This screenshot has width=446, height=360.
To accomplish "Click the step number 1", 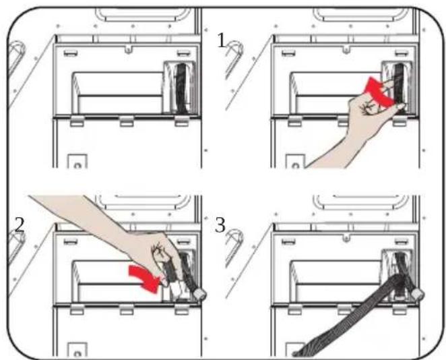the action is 221,40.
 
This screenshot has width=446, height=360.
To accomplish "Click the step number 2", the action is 19,225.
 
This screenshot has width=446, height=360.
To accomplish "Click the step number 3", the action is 220,225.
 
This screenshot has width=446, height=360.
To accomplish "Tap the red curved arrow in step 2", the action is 144,278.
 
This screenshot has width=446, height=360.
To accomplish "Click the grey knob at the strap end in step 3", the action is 418,295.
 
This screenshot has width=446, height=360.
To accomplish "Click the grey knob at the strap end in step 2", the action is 199,293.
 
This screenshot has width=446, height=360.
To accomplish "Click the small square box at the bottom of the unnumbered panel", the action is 77,162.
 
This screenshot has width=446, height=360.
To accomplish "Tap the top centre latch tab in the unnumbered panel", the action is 128,49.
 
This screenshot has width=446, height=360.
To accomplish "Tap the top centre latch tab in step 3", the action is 346,237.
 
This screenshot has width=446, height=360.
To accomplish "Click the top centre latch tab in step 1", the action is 346,49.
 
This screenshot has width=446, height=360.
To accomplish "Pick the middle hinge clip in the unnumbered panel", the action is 127,121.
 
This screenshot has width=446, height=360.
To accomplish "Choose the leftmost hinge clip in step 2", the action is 77,309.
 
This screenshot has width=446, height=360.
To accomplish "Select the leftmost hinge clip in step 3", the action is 295,309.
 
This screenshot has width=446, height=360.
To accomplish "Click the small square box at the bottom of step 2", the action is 77,350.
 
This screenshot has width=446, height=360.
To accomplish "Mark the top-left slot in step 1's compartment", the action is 288,53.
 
